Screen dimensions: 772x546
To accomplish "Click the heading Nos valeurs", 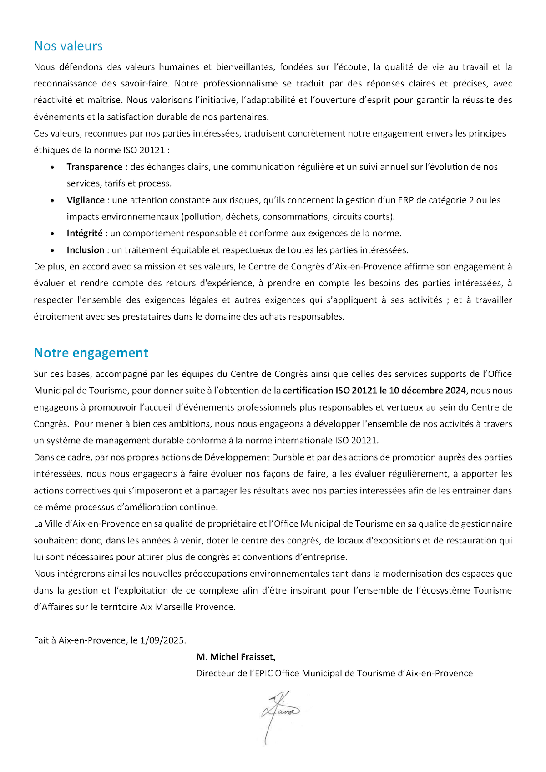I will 68,46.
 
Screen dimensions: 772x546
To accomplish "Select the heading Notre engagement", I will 91,353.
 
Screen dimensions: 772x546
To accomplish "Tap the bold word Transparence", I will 95,167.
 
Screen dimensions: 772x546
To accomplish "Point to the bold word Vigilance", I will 86,200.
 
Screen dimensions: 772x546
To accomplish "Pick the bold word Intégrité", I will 85,234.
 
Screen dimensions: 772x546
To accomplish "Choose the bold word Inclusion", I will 86,250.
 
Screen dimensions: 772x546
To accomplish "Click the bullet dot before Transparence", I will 53,168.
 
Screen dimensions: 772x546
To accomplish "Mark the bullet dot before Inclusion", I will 53,250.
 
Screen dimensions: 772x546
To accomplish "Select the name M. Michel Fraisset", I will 236,657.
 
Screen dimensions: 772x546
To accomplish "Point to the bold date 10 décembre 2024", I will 428,391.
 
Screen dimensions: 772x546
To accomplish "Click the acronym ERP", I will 406,200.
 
